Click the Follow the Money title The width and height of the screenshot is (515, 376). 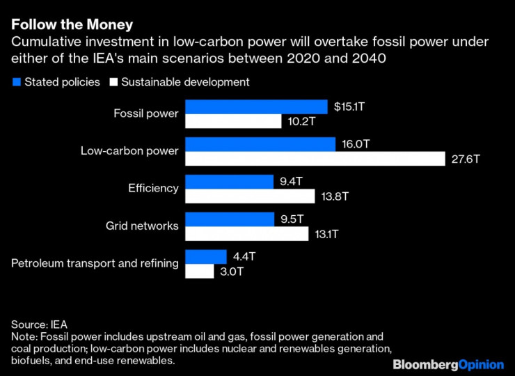(x=72, y=25)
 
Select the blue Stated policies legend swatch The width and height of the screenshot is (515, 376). (x=16, y=82)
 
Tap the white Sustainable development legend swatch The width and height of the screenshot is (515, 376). (x=113, y=82)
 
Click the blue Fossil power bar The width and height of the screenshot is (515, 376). (x=256, y=107)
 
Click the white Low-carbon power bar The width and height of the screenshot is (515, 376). (x=315, y=159)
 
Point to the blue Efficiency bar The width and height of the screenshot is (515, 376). (x=229, y=182)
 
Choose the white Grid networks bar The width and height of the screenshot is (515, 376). (x=246, y=234)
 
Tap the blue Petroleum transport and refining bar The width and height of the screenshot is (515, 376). (x=206, y=257)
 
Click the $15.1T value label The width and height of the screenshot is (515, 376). (x=349, y=107)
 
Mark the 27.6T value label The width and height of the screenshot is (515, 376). (x=466, y=159)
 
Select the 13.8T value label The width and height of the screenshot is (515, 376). (x=335, y=196)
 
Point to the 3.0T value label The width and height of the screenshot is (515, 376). (x=232, y=272)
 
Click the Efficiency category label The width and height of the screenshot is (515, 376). (x=153, y=188)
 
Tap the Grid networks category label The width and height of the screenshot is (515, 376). (x=142, y=226)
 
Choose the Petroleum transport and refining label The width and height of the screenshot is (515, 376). (x=95, y=263)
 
